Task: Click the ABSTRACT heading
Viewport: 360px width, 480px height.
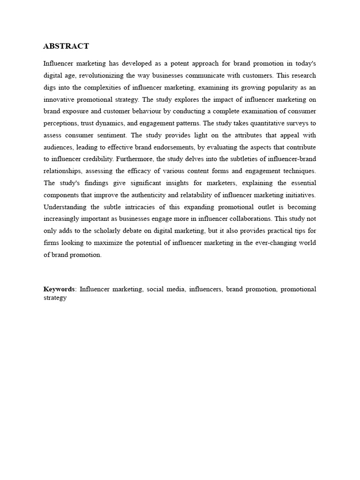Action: tap(66, 46)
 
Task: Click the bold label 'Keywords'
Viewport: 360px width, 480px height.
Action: tap(59, 289)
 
